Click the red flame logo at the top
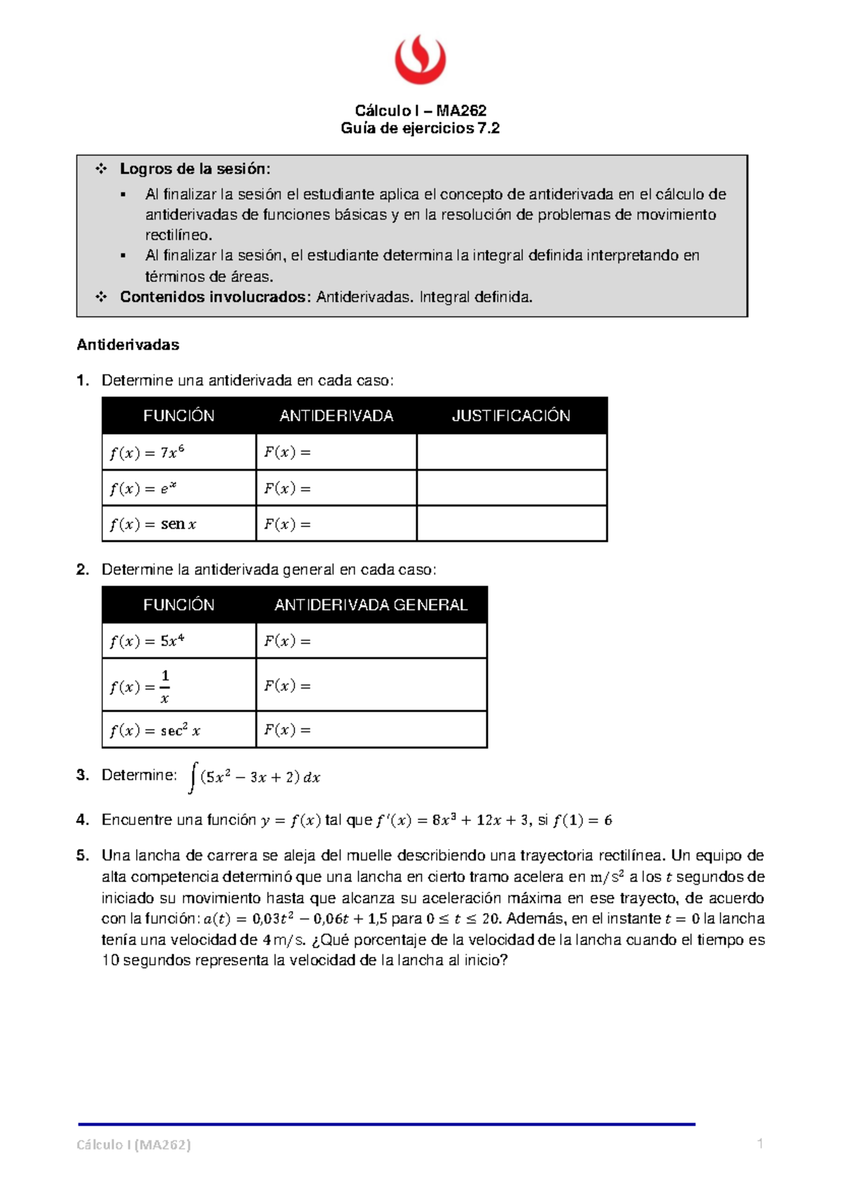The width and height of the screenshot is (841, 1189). (x=420, y=60)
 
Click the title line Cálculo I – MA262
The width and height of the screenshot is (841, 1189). (x=420, y=110)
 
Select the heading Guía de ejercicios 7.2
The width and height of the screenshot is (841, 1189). (x=420, y=128)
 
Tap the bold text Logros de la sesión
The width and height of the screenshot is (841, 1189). (x=195, y=169)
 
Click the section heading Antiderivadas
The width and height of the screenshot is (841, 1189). (x=128, y=345)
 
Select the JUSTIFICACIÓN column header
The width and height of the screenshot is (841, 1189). (x=511, y=416)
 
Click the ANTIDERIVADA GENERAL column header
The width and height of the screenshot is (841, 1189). (x=371, y=605)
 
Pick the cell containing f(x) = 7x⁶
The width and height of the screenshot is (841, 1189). (x=179, y=452)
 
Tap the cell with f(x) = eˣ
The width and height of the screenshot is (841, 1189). (x=179, y=488)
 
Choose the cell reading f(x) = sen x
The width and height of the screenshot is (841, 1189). (x=179, y=524)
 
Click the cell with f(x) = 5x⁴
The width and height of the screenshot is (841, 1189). (x=179, y=641)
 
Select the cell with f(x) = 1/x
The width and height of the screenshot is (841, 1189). (x=179, y=686)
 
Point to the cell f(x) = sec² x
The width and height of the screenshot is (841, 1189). (x=179, y=731)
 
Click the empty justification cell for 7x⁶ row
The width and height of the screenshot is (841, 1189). (x=512, y=452)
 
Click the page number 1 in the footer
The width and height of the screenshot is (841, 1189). (x=760, y=1143)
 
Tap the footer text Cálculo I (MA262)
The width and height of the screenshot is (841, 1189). (x=134, y=1145)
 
